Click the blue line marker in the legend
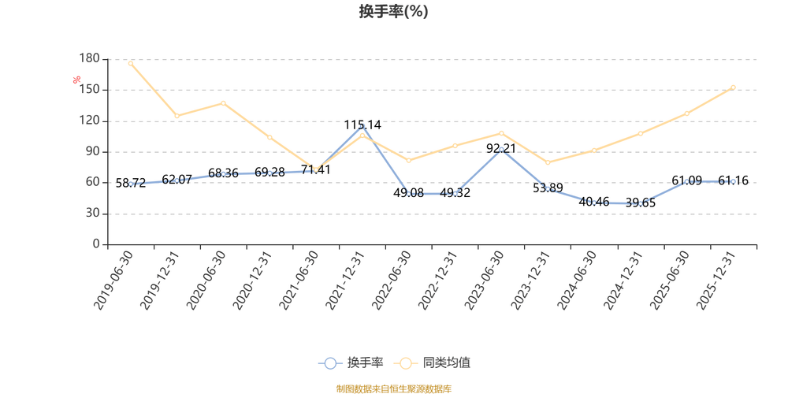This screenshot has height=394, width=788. click(331, 363)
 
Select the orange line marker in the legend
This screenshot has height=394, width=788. click(407, 363)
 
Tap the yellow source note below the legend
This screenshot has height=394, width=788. click(394, 387)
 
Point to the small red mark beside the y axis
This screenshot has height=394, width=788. click(76, 78)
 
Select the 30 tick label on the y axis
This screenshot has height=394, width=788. click(94, 214)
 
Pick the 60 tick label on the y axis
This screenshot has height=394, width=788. click(94, 183)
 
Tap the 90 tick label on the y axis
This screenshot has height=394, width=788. click(94, 151)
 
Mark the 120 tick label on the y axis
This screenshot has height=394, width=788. click(91, 121)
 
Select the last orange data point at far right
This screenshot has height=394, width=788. click(733, 87)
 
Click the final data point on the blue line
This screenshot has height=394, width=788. click(733, 182)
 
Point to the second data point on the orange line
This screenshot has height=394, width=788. click(177, 116)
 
